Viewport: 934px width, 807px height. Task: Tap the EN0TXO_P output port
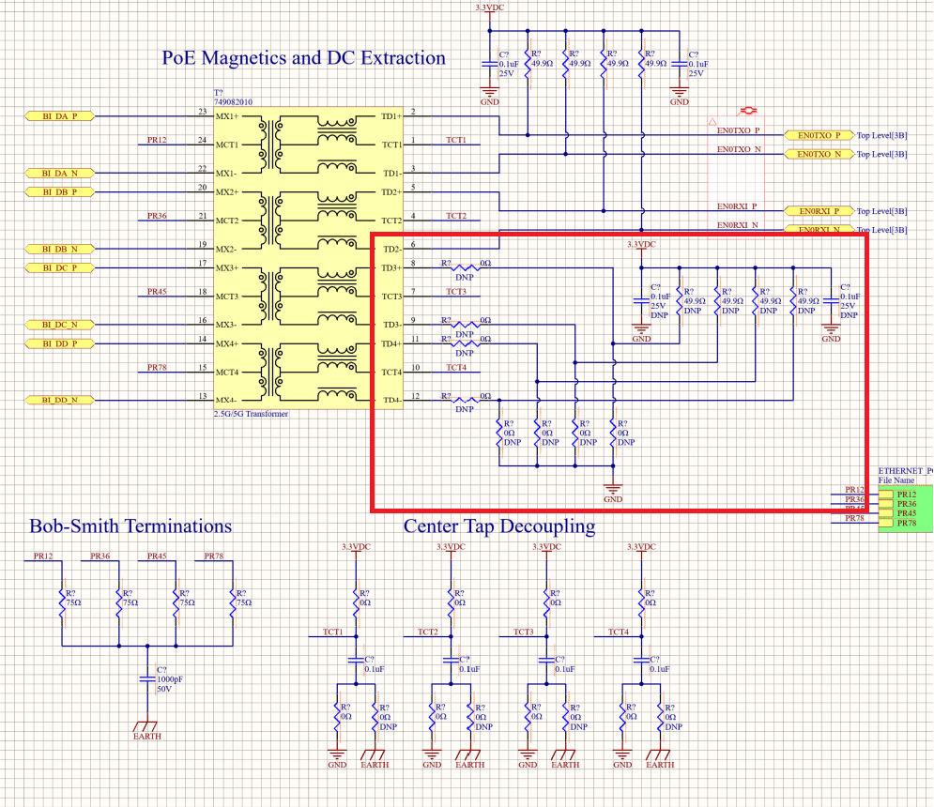click(x=818, y=135)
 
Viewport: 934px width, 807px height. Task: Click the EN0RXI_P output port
click(x=818, y=211)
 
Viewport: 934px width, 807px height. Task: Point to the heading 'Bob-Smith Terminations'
click(x=130, y=525)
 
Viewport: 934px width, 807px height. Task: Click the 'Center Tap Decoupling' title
click(x=499, y=525)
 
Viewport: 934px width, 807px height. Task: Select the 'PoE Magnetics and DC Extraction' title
click(x=304, y=58)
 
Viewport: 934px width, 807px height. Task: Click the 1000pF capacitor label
click(x=170, y=678)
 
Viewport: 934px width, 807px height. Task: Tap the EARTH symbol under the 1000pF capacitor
click(x=146, y=726)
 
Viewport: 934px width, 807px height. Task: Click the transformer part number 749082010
click(x=233, y=101)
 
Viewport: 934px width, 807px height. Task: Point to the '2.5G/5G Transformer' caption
click(x=251, y=413)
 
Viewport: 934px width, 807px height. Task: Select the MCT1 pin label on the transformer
click(x=227, y=145)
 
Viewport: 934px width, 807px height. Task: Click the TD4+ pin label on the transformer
click(x=390, y=343)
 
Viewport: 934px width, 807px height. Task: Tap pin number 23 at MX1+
click(x=202, y=112)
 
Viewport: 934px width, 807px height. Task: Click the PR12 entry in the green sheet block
click(x=907, y=494)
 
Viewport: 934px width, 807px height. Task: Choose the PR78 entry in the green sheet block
click(x=907, y=523)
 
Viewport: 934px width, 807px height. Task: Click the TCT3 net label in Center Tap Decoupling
click(x=524, y=632)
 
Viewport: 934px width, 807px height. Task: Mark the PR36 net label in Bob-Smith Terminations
click(x=100, y=556)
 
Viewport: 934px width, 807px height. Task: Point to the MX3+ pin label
click(x=227, y=268)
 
